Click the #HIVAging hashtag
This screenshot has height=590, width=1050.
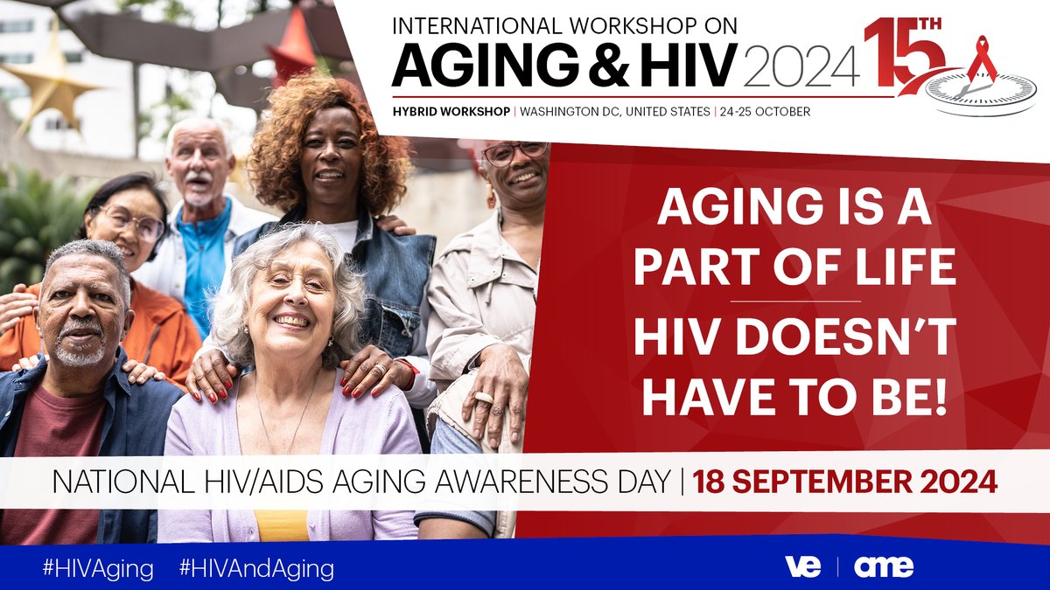[x=98, y=569]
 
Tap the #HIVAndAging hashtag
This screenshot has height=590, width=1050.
[x=256, y=569]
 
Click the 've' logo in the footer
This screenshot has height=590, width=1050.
[x=802, y=566]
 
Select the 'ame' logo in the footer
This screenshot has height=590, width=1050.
[x=883, y=566]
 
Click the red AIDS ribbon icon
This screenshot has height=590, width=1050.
[x=982, y=59]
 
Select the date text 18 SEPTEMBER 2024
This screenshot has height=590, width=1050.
[x=844, y=481]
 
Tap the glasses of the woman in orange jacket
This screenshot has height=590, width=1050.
[x=133, y=222]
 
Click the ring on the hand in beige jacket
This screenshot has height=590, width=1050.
[x=483, y=399]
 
